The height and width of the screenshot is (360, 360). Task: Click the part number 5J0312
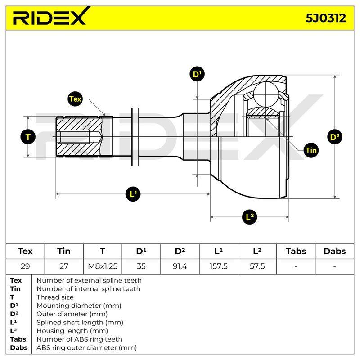pos(325,18)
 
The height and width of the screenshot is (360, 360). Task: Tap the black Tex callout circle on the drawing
pos(75,99)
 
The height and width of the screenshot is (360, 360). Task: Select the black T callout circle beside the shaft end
pos(28,137)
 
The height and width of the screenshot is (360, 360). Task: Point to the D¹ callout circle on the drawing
pos(197,74)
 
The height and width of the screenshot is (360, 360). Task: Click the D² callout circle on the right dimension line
pos(334,137)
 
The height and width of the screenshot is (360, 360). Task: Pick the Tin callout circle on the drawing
pos(311,150)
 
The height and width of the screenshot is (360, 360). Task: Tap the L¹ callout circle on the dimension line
pos(133,194)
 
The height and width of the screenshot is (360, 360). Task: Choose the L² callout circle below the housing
pos(250,217)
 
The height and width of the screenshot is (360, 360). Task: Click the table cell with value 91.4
pos(180,266)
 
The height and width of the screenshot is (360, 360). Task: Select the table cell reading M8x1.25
pos(103,266)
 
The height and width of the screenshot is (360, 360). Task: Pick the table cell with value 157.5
pos(219,266)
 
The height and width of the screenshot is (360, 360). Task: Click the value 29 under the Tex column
pos(25,266)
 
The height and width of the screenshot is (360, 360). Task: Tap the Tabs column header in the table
pos(296,252)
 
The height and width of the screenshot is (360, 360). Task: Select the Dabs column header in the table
pos(334,252)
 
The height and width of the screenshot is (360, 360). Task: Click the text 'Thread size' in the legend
pos(55,297)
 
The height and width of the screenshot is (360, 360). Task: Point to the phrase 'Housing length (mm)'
pos(72,331)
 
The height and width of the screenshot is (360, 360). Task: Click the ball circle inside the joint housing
pos(265,94)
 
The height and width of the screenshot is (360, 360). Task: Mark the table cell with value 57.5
pos(257,266)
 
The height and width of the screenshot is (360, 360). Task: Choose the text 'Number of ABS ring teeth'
pos(80,339)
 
